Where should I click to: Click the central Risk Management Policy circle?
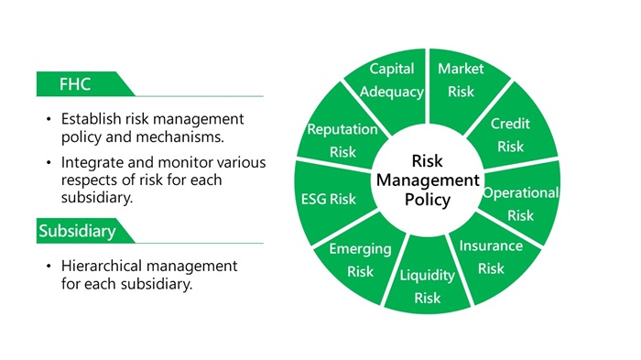pyautogui.click(x=426, y=180)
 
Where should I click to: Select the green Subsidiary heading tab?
pyautogui.click(x=78, y=231)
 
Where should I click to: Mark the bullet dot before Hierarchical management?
pyautogui.click(x=47, y=266)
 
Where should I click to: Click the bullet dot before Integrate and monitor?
pyautogui.click(x=47, y=163)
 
